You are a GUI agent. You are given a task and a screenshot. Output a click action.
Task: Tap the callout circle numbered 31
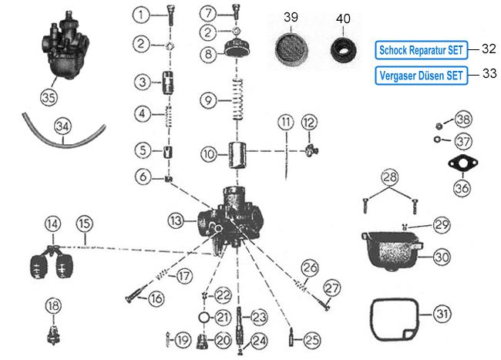tap(440, 315)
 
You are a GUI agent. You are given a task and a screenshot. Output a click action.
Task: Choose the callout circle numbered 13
tap(177, 220)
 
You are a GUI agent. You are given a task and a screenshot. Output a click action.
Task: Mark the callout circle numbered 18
tap(52, 306)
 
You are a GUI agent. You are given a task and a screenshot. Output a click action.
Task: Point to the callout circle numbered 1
tap(141, 14)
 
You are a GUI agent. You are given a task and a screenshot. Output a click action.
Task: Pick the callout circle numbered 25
tap(311, 339)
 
